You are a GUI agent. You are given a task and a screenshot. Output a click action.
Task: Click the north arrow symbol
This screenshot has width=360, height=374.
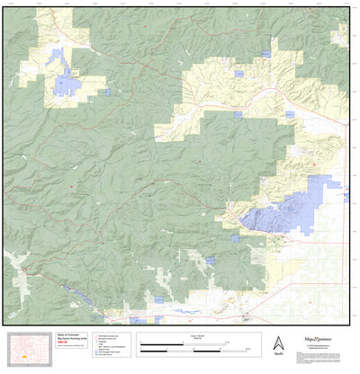(279, 342)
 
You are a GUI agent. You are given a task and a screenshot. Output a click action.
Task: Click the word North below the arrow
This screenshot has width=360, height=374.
(279, 354)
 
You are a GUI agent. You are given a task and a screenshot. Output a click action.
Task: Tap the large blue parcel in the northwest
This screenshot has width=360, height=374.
(67, 85)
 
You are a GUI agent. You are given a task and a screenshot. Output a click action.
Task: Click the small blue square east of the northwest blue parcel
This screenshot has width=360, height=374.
(107, 92)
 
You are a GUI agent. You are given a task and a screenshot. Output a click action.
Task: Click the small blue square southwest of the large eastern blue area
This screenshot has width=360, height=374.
(235, 238)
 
